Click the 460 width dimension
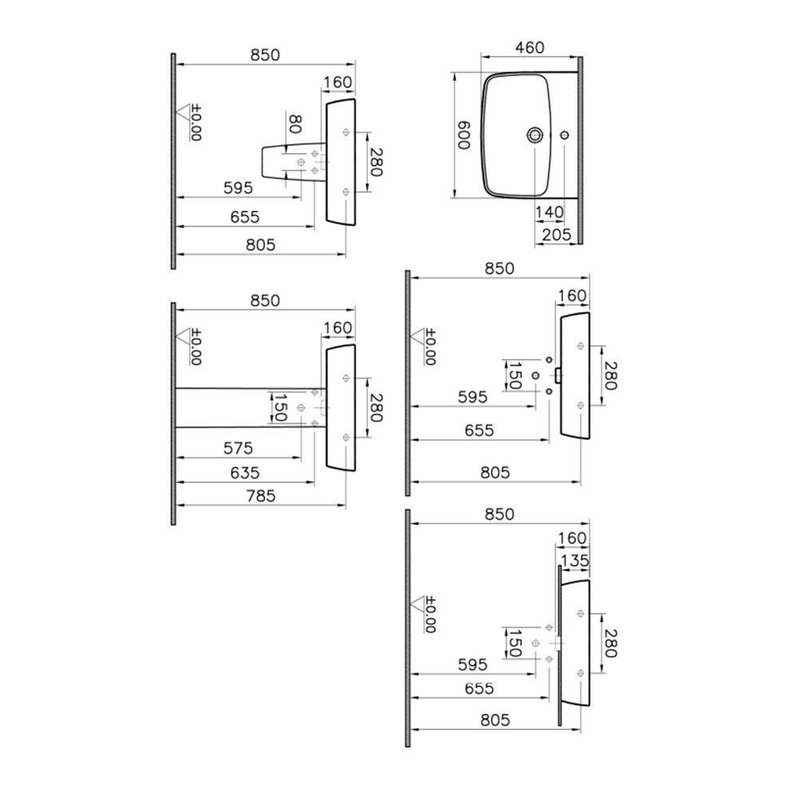pos(530,47)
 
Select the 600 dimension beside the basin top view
pos(463,135)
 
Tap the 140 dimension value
pos(549,212)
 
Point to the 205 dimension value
pos(557,235)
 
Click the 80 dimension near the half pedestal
pos(294,124)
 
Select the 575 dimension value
pos(239,448)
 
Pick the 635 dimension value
pos(245,472)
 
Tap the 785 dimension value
pos(261,496)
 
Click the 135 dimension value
pos(575,560)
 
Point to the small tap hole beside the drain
pos(564,135)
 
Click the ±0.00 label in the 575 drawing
pos(196,347)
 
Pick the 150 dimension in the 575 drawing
pos(278,408)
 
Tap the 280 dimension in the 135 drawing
pos(610,643)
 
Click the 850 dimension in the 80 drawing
pos(265,55)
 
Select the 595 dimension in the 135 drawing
pos(472,665)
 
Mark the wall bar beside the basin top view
pos(580,150)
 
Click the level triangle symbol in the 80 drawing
pos(183,112)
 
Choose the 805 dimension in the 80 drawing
pos(260,245)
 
